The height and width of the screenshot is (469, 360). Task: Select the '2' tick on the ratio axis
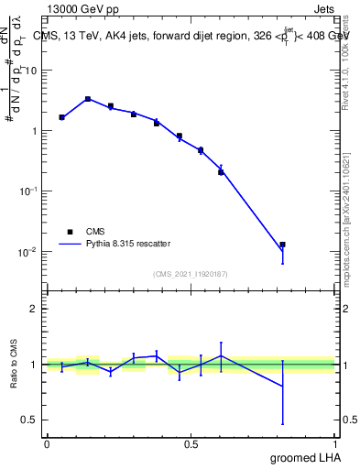[33, 309]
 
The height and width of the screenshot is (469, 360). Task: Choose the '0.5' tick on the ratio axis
[28, 420]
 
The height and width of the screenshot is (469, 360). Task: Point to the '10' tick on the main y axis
[30, 71]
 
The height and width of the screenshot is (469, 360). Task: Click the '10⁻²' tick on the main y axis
[27, 252]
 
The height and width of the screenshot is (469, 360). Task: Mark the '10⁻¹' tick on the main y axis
[27, 191]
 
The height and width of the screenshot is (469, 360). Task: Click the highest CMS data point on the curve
[88, 99]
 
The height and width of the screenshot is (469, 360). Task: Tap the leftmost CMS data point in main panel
[61, 117]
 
